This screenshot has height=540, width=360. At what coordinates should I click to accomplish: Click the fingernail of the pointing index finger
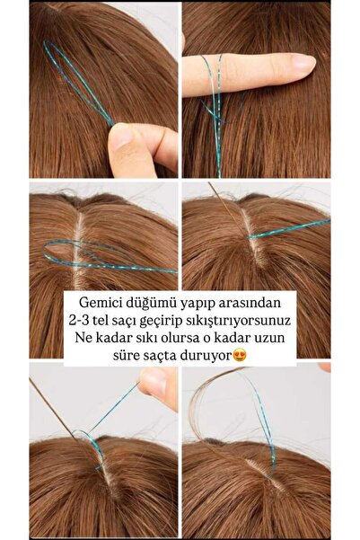(303, 62)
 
